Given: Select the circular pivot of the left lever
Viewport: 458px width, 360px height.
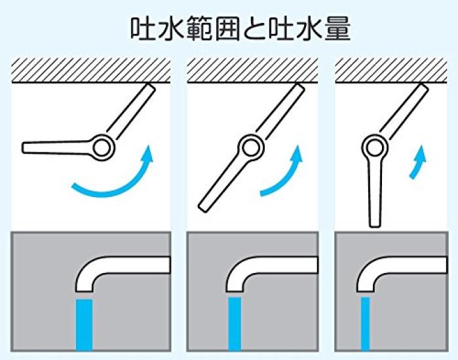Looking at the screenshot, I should click(x=103, y=147).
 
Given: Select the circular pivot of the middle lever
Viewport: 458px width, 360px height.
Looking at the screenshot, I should click(x=250, y=147).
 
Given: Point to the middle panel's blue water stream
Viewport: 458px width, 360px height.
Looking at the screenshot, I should click(x=235, y=324).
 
